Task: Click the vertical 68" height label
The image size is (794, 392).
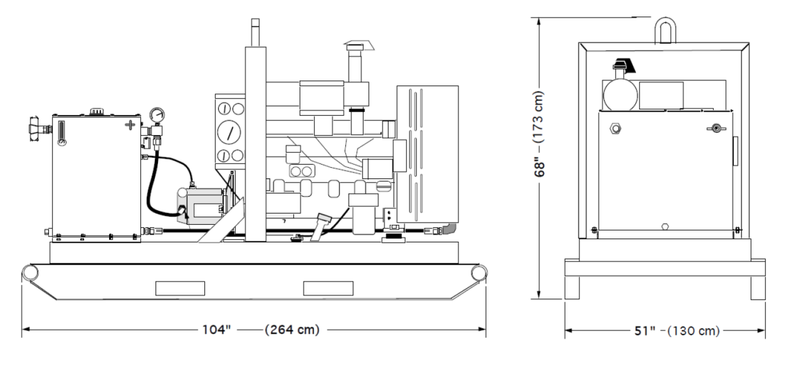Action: click(x=540, y=159)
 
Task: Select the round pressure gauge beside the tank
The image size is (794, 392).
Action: click(x=155, y=114)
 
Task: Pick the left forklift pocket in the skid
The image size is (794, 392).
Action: click(x=180, y=287)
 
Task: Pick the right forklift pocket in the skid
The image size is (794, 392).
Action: click(x=328, y=287)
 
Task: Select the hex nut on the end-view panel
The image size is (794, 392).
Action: click(x=616, y=128)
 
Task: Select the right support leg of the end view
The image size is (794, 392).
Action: click(x=757, y=287)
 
